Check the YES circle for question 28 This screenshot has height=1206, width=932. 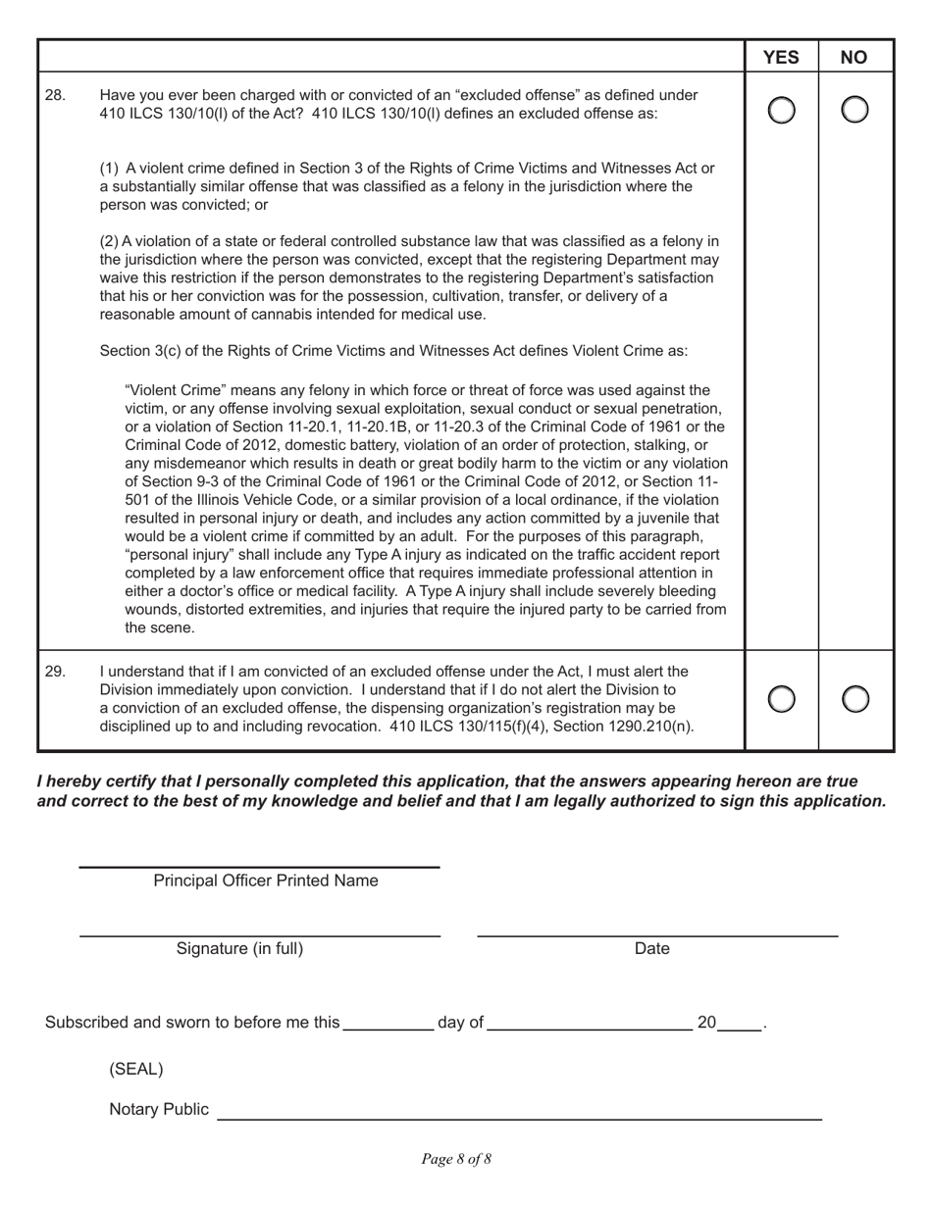pyautogui.click(x=781, y=111)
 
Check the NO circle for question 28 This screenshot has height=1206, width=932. pyautogui.click(x=855, y=111)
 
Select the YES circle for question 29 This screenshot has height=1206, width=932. pyautogui.click(x=781, y=699)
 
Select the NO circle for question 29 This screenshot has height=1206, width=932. pyautogui.click(x=855, y=699)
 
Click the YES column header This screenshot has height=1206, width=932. pyautogui.click(x=781, y=57)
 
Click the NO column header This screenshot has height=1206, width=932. pyautogui.click(x=854, y=57)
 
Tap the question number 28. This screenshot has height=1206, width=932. pyautogui.click(x=56, y=95)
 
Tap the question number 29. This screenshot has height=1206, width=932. pyautogui.click(x=56, y=672)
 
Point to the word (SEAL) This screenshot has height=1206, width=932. pyautogui.click(x=136, y=1069)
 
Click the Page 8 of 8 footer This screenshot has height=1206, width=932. pyautogui.click(x=456, y=1159)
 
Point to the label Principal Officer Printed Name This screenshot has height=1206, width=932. pyautogui.click(x=265, y=880)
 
